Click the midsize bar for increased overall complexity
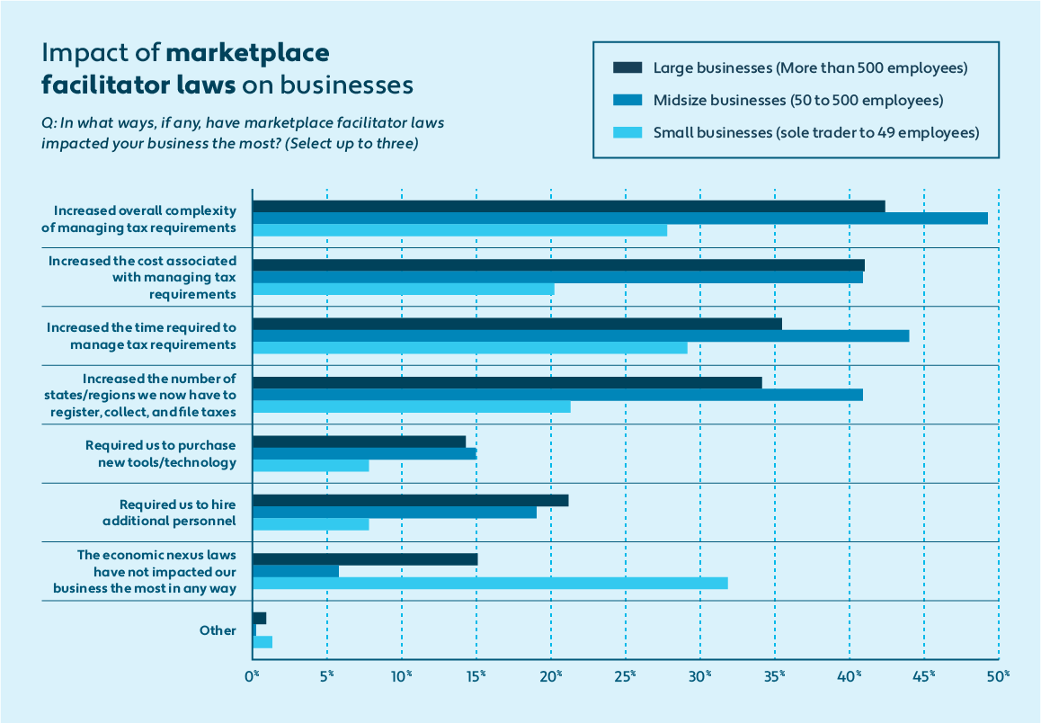(x=620, y=219)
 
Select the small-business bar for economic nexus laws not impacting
(x=490, y=583)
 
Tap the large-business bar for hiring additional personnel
(x=410, y=501)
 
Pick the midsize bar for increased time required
(x=581, y=336)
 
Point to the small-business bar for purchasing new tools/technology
(x=311, y=466)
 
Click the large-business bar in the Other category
(x=260, y=618)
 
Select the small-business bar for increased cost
(x=404, y=290)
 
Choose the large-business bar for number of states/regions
(x=507, y=383)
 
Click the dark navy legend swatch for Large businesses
(x=627, y=67)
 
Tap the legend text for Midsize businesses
(x=797, y=100)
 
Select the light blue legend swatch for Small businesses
(x=627, y=133)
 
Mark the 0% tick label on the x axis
(x=253, y=674)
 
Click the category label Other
(x=218, y=630)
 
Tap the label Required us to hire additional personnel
(x=177, y=513)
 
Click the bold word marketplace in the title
(x=247, y=53)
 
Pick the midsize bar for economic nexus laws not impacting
(x=296, y=571)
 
